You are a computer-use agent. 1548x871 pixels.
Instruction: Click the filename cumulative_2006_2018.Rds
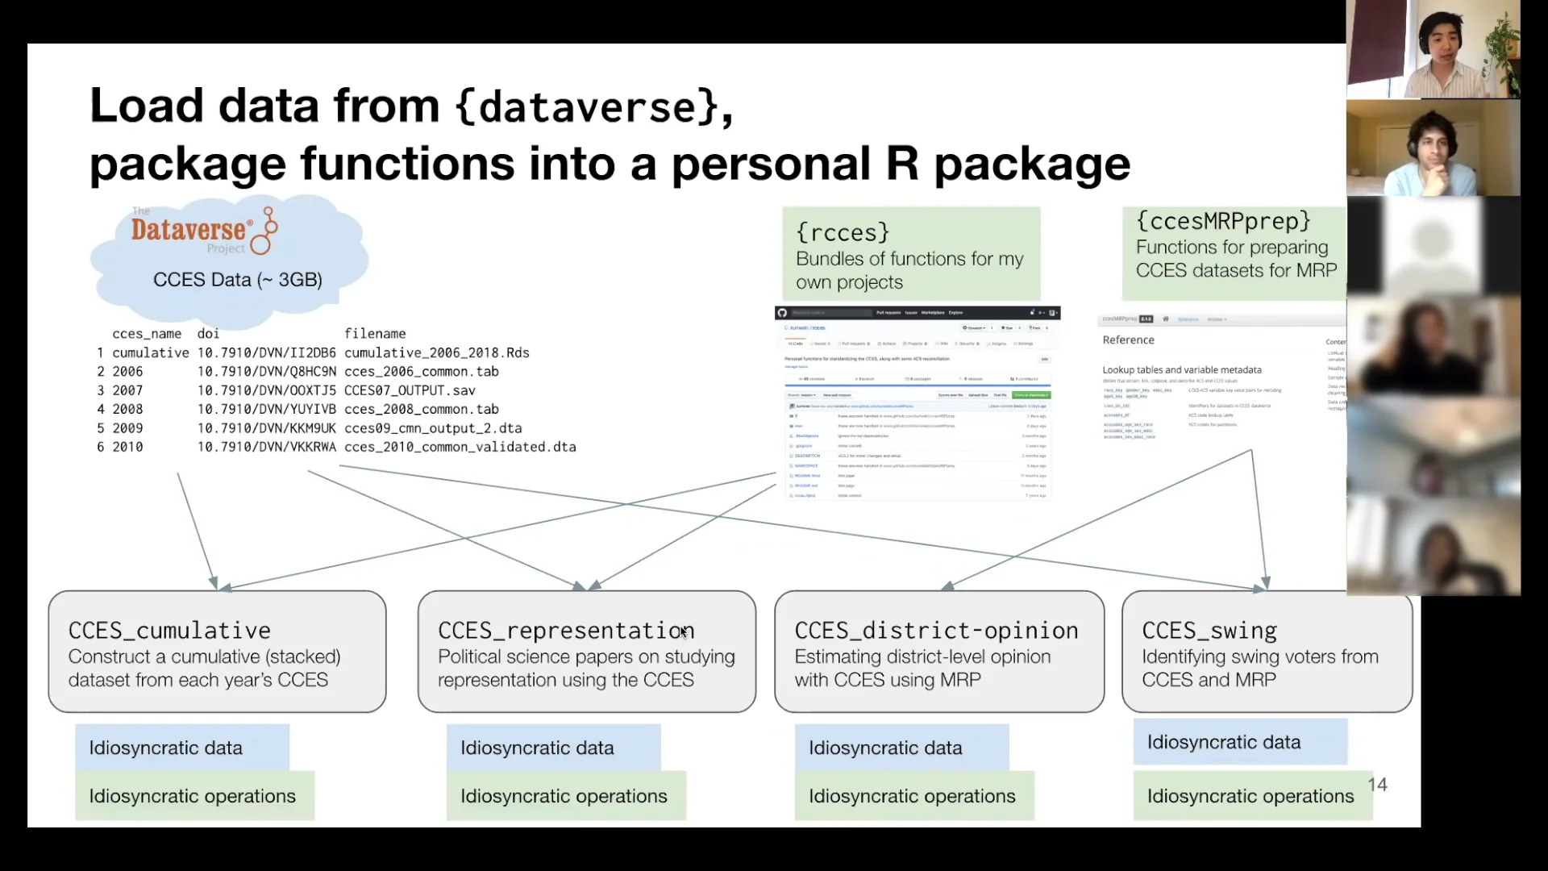click(436, 353)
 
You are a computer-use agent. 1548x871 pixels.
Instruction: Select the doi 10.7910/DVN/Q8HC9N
click(266, 372)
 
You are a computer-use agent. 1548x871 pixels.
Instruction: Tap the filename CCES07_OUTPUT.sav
click(409, 390)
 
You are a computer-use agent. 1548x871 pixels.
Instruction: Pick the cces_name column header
click(147, 334)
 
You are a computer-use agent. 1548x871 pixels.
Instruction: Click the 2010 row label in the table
click(127, 447)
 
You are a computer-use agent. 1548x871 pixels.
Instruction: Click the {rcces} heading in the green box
click(843, 233)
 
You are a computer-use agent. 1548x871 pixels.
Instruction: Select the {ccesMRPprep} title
click(1223, 221)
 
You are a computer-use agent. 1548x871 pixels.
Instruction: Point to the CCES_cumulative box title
click(169, 631)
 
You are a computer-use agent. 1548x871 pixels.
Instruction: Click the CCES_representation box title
click(565, 631)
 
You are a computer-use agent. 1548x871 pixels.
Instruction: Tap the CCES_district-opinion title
click(936, 631)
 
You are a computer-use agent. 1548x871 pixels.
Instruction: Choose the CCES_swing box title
click(1209, 631)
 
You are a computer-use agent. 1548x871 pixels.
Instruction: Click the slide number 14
click(1377, 785)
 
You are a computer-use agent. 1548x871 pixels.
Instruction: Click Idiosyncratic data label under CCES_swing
click(1223, 742)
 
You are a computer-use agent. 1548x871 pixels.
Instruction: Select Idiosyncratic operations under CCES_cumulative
click(192, 796)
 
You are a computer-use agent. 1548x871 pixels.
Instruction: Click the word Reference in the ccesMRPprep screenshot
click(1128, 340)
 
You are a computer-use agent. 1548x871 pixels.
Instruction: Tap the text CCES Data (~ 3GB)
click(237, 280)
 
